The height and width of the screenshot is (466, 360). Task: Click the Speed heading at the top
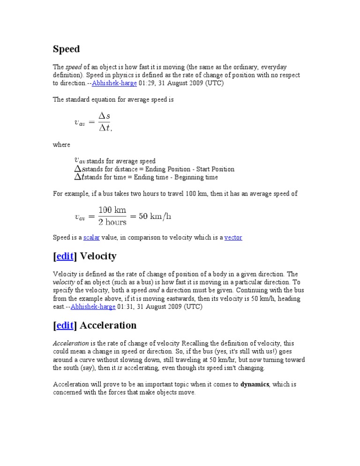(66, 49)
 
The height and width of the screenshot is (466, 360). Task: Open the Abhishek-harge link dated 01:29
(114, 83)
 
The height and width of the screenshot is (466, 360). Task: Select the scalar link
(91, 238)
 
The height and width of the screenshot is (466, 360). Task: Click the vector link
(233, 238)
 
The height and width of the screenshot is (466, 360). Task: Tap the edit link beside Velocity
(65, 256)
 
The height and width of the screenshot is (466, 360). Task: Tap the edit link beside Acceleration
(65, 325)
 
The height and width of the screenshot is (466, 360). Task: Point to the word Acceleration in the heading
(108, 325)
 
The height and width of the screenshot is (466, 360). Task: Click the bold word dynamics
(255, 384)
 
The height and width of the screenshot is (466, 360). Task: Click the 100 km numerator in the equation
(112, 210)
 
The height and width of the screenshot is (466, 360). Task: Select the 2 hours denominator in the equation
(112, 222)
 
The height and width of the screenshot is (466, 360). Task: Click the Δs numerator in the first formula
(104, 116)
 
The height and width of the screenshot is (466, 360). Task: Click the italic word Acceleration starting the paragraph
(70, 344)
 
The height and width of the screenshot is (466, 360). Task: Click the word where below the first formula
(61, 145)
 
